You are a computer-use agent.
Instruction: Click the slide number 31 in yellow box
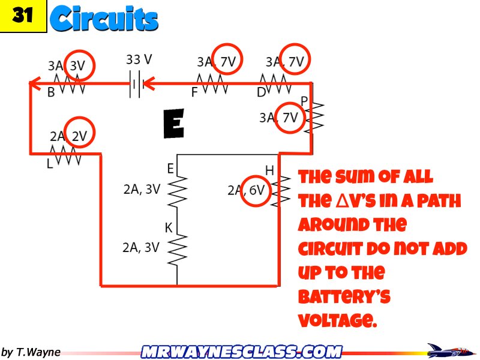coord(23,16)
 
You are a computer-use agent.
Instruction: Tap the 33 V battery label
coord(139,60)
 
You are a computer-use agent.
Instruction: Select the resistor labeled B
coord(68,84)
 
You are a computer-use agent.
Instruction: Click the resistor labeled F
coord(212,85)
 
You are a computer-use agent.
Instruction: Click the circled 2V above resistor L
coord(80,136)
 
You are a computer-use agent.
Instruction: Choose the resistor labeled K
coord(178,247)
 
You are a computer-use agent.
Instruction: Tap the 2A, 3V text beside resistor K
coord(141,247)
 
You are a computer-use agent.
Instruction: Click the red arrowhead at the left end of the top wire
coord(35,84)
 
